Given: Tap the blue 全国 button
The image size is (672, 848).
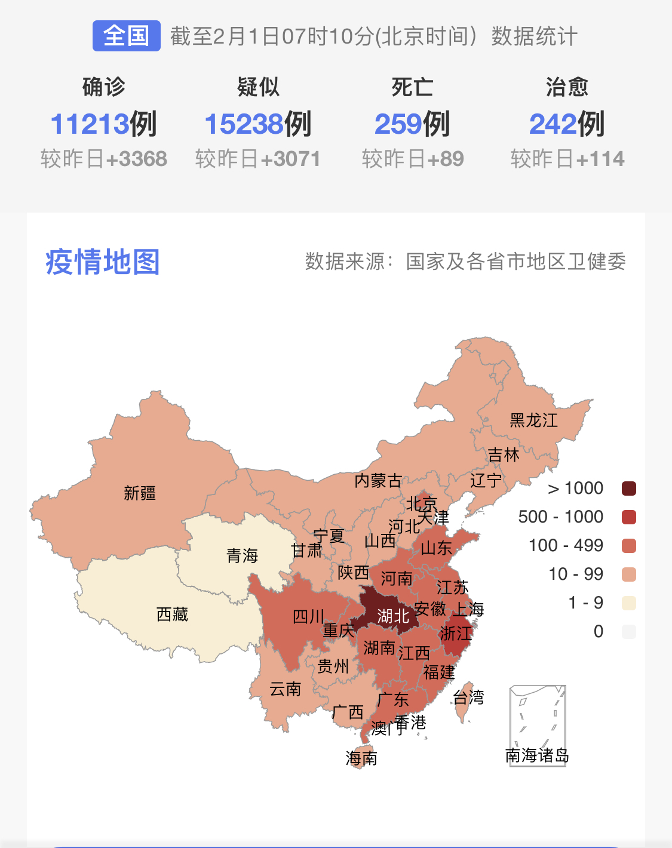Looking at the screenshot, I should [x=126, y=36].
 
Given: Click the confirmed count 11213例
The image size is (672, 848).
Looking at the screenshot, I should [x=103, y=124].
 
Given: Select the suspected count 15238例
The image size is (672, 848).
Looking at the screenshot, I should [x=257, y=124].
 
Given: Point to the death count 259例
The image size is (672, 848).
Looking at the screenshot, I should [x=412, y=124].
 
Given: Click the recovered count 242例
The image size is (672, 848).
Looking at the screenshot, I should [x=566, y=124].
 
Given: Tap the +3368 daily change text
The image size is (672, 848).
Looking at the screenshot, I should [x=137, y=159].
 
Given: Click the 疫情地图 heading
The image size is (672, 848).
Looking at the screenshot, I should [x=103, y=262].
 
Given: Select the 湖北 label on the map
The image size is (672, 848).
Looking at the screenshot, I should [x=392, y=616].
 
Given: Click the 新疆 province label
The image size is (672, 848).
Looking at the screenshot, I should [x=140, y=493].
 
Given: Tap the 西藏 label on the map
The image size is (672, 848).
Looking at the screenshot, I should [x=172, y=615].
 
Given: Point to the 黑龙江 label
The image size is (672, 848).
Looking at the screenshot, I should [x=533, y=420].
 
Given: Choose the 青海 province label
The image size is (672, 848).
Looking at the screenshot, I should [x=242, y=556].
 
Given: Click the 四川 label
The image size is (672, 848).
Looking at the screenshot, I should [x=308, y=616].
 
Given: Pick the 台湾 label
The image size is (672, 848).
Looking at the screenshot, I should [x=468, y=697].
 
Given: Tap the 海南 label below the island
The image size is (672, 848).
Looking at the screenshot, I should [x=361, y=758].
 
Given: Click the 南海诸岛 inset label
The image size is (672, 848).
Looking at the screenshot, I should [x=537, y=755].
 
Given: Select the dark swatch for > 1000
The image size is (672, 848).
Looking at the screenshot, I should [x=629, y=488].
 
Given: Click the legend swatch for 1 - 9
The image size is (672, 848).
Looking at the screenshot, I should [x=629, y=603].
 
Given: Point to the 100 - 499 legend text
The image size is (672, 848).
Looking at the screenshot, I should [x=566, y=545].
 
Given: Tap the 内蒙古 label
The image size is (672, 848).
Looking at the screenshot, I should [x=378, y=481].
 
